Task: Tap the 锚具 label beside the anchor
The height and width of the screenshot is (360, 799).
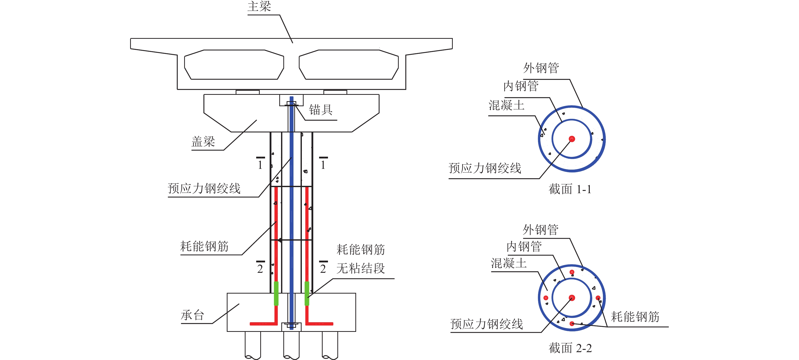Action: tap(320, 110)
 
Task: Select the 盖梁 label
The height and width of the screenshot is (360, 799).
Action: tap(203, 142)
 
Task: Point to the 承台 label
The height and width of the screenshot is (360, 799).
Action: tap(192, 315)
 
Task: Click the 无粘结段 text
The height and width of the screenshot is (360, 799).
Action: tap(360, 268)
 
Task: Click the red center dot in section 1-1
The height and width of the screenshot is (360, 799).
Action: tap(572, 139)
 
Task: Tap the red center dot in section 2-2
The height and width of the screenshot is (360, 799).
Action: tap(572, 298)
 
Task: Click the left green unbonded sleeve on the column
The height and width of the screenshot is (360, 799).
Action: tap(276, 293)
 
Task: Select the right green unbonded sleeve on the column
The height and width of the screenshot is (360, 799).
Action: tap(307, 293)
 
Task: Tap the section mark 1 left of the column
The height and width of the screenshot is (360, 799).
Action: tap(260, 164)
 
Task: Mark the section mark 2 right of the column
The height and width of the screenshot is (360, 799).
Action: tap(323, 268)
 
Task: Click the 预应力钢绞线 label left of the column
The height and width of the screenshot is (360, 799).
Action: tap(204, 188)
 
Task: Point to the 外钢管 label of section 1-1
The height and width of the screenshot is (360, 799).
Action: tap(541, 68)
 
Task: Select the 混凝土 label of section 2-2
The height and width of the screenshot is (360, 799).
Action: tap(509, 263)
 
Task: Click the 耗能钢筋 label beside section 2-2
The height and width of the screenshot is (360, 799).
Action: tap(635, 317)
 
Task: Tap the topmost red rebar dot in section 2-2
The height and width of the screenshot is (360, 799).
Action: tap(572, 272)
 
